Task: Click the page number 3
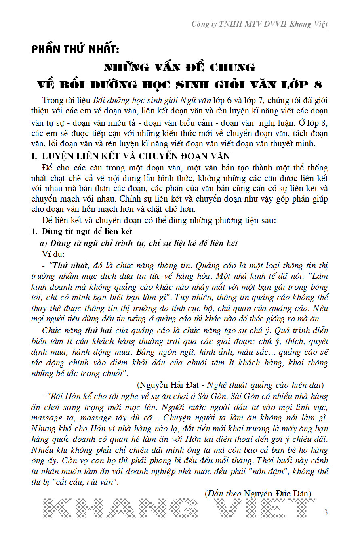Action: (326, 512)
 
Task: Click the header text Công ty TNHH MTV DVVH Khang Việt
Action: (260, 24)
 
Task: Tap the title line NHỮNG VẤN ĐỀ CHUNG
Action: (179, 67)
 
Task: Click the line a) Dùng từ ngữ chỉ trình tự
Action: (139, 243)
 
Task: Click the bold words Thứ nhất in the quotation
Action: (69, 265)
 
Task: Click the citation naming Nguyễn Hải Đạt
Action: (230, 385)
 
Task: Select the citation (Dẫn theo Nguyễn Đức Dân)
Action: (258, 494)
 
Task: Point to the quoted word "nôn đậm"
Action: (286, 471)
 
